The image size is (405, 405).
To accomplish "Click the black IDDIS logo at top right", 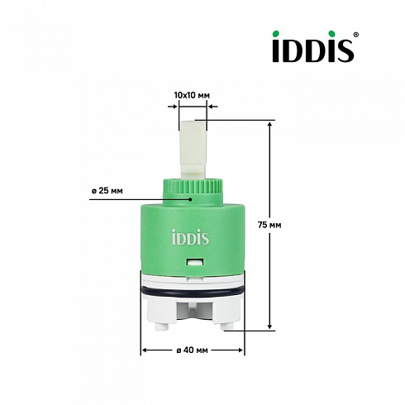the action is point(313,46).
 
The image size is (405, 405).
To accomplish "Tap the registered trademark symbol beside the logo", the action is point(355,35).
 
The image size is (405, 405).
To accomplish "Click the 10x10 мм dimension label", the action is point(192,96).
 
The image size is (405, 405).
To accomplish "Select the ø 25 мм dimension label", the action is point(107,191).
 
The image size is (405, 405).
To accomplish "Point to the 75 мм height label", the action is point(269,225).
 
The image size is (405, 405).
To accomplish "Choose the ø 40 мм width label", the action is point(193,350).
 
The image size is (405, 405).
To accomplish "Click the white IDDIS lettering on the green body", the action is point(190,236).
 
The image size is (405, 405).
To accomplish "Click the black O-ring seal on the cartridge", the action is point(193,292).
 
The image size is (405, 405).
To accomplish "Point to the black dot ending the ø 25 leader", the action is point(190,199).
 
